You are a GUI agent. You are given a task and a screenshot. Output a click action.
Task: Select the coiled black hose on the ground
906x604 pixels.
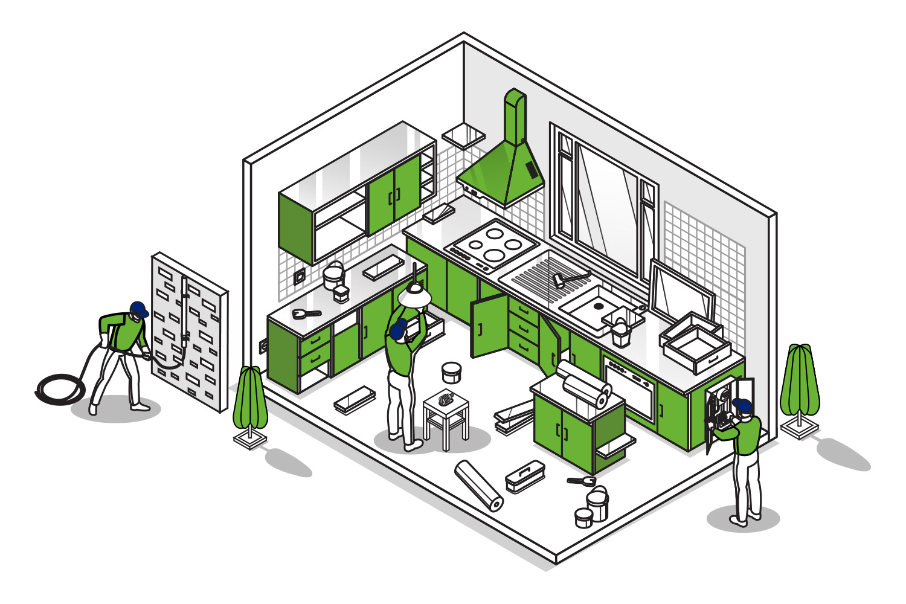pos(60,389)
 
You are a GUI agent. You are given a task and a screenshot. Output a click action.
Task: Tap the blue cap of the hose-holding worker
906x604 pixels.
pos(138,309)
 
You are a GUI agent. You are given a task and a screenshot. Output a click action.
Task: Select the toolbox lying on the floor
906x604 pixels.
pos(524,476)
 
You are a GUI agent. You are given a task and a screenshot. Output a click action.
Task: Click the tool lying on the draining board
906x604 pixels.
pos(568,278)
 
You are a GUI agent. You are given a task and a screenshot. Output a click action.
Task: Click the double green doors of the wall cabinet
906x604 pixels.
pos(394,194)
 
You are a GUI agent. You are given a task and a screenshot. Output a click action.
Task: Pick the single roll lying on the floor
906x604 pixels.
pos(479,485)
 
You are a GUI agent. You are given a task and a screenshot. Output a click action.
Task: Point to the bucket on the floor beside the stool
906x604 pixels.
pos(451,372)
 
